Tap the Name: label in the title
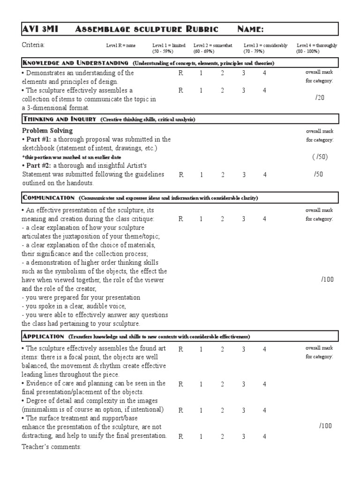click(x=251, y=29)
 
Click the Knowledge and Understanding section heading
click(x=75, y=63)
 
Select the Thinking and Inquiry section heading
click(x=59, y=120)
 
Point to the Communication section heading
click(x=48, y=198)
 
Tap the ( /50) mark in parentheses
click(x=320, y=157)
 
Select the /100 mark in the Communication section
click(x=327, y=279)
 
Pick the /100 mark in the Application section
click(x=325, y=426)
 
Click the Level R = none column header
click(x=121, y=45)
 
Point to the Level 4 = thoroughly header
click(x=316, y=45)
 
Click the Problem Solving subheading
click(x=47, y=131)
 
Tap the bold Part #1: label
click(x=37, y=140)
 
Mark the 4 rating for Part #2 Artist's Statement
click(x=264, y=174)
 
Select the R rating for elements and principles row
click(x=180, y=73)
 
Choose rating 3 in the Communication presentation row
click(x=243, y=219)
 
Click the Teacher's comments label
click(x=52, y=447)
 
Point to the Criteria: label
click(x=33, y=45)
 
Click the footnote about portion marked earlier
click(x=68, y=157)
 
